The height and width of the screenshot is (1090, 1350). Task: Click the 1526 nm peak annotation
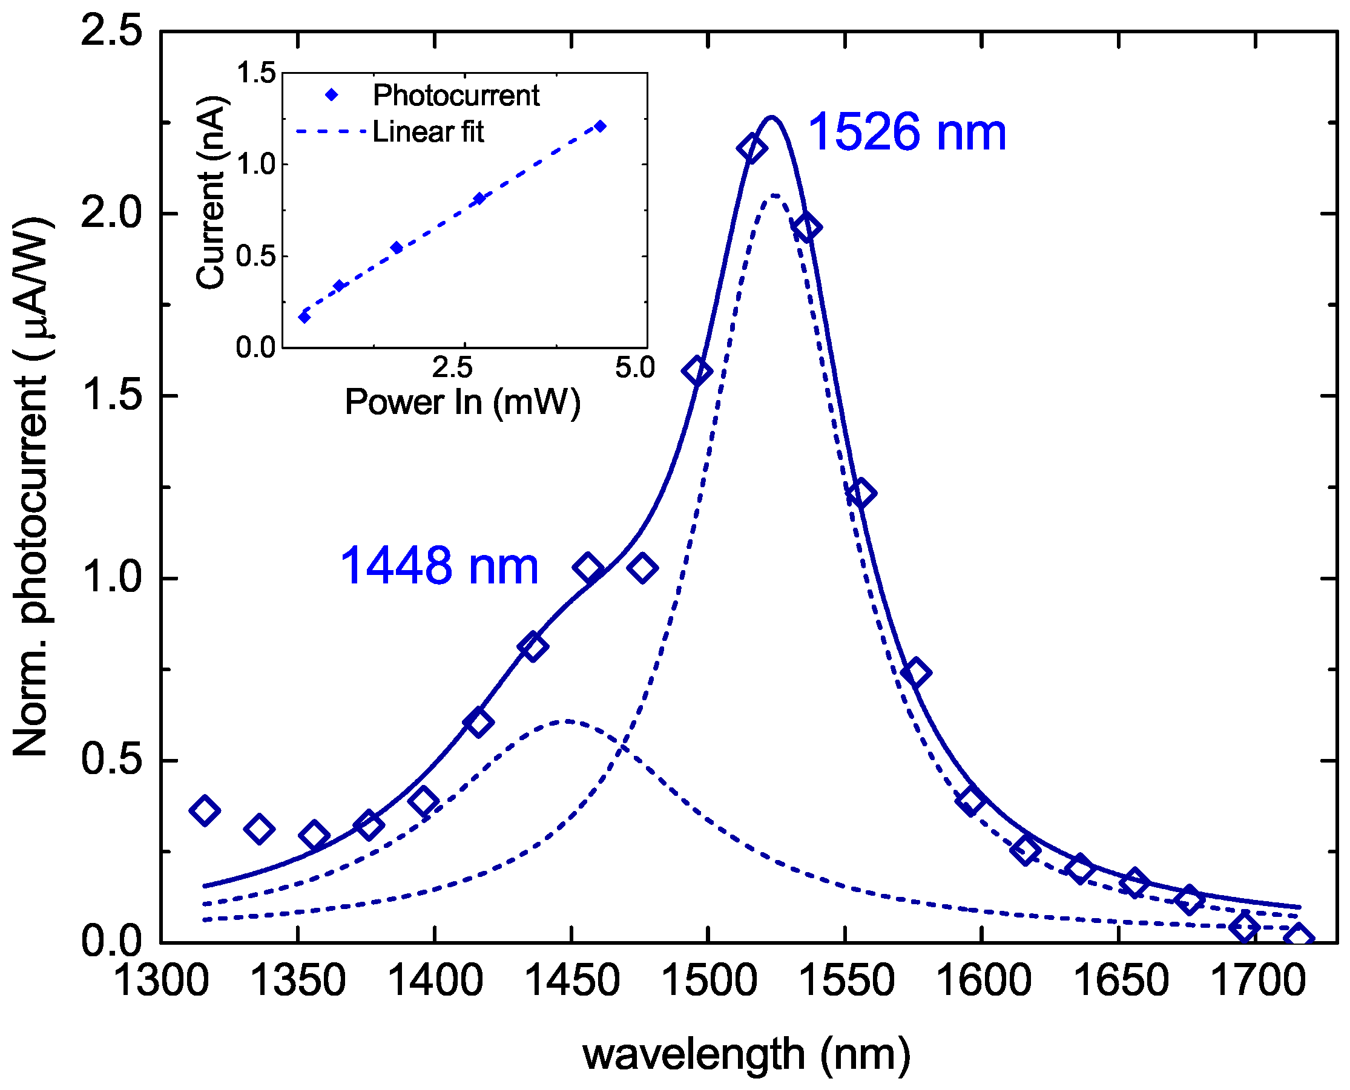pyautogui.click(x=906, y=133)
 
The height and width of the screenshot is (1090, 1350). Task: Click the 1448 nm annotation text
pyautogui.click(x=439, y=566)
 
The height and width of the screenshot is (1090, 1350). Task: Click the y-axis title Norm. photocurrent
pyautogui.click(x=31, y=487)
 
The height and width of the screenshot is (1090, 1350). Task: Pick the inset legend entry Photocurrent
pyautogui.click(x=456, y=96)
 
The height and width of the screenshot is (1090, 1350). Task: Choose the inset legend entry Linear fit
pyautogui.click(x=427, y=132)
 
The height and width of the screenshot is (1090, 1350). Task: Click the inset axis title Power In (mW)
pyautogui.click(x=463, y=402)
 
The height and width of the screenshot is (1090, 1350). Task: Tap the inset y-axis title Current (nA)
pyautogui.click(x=210, y=192)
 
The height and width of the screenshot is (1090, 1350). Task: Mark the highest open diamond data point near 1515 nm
pyautogui.click(x=752, y=149)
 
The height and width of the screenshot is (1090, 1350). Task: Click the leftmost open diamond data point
pyautogui.click(x=204, y=810)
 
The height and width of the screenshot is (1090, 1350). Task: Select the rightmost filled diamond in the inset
pyautogui.click(x=601, y=126)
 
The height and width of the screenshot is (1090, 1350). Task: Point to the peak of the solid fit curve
pyautogui.click(x=771, y=117)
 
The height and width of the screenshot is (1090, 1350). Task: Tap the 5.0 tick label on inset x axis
pyautogui.click(x=635, y=368)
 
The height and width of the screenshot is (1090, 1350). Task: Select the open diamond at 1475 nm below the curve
pyautogui.click(x=642, y=568)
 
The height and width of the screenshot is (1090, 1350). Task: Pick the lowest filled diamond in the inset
pyautogui.click(x=305, y=317)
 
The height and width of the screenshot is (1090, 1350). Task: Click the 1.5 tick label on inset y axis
pyautogui.click(x=256, y=73)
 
